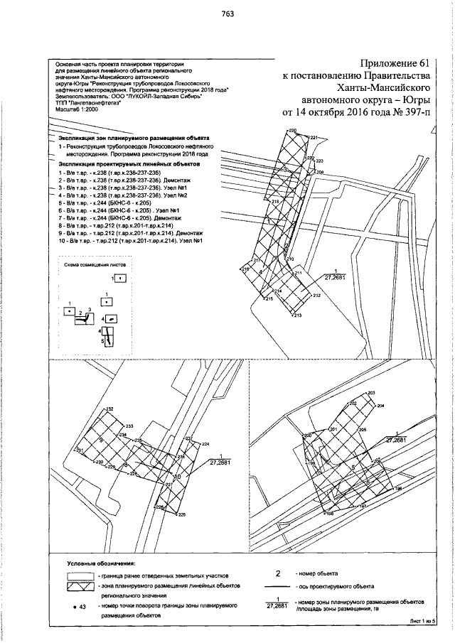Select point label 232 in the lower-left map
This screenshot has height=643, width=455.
[x=109, y=410]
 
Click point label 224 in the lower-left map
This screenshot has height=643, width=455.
[x=206, y=444]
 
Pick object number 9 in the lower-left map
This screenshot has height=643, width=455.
[x=101, y=441]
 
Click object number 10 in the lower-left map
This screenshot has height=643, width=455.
[x=178, y=476]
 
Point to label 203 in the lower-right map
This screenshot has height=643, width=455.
[x=371, y=393]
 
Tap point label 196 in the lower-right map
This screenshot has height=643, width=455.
[x=398, y=489]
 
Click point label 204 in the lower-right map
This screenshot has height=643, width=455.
[x=380, y=406]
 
